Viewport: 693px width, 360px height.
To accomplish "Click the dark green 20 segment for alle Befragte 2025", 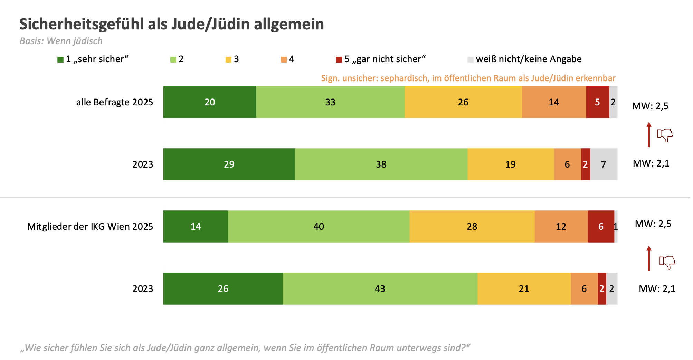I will tap(210, 102).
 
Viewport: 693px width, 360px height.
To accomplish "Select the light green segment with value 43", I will tap(380, 288).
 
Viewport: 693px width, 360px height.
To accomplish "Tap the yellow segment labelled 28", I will tap(472, 226).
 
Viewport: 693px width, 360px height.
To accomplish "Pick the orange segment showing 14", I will tap(554, 102).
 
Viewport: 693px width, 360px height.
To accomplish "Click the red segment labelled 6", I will tap(601, 226).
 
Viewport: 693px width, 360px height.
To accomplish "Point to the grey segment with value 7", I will tap(604, 164).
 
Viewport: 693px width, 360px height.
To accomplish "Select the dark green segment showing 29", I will tap(229, 164).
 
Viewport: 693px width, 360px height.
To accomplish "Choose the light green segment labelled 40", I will tap(319, 226).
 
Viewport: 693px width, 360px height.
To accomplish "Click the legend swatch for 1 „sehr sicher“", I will tap(60, 59).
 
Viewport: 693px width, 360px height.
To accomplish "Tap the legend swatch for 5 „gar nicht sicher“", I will tap(339, 59).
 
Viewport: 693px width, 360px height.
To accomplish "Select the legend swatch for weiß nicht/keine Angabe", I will tap(470, 59).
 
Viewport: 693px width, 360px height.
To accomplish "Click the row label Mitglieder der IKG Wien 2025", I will tap(90, 227).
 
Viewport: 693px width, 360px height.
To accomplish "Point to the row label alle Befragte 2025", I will tap(114, 102).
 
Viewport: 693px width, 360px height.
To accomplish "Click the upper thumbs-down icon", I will tap(665, 135).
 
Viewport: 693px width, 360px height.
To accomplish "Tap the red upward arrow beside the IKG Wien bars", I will tap(649, 258).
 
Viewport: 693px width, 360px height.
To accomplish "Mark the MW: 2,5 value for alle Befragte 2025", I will tap(650, 106).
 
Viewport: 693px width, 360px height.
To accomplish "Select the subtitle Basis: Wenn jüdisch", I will tap(61, 41).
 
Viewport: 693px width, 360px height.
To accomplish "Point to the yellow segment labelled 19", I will tap(510, 164).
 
